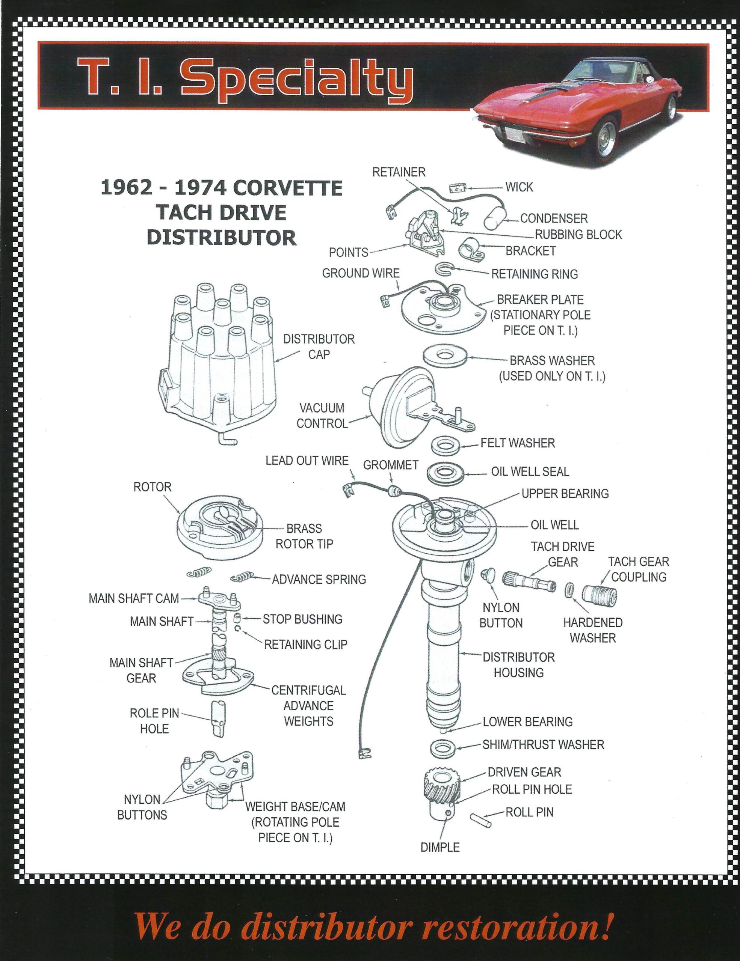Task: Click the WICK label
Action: click(519, 187)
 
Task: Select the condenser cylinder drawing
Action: click(494, 218)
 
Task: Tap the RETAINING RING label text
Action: click(534, 274)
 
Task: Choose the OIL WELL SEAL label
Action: click(530, 472)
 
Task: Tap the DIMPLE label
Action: click(440, 847)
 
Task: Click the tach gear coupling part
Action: click(600, 595)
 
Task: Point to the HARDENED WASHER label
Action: click(592, 630)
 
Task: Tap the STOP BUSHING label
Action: click(302, 619)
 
